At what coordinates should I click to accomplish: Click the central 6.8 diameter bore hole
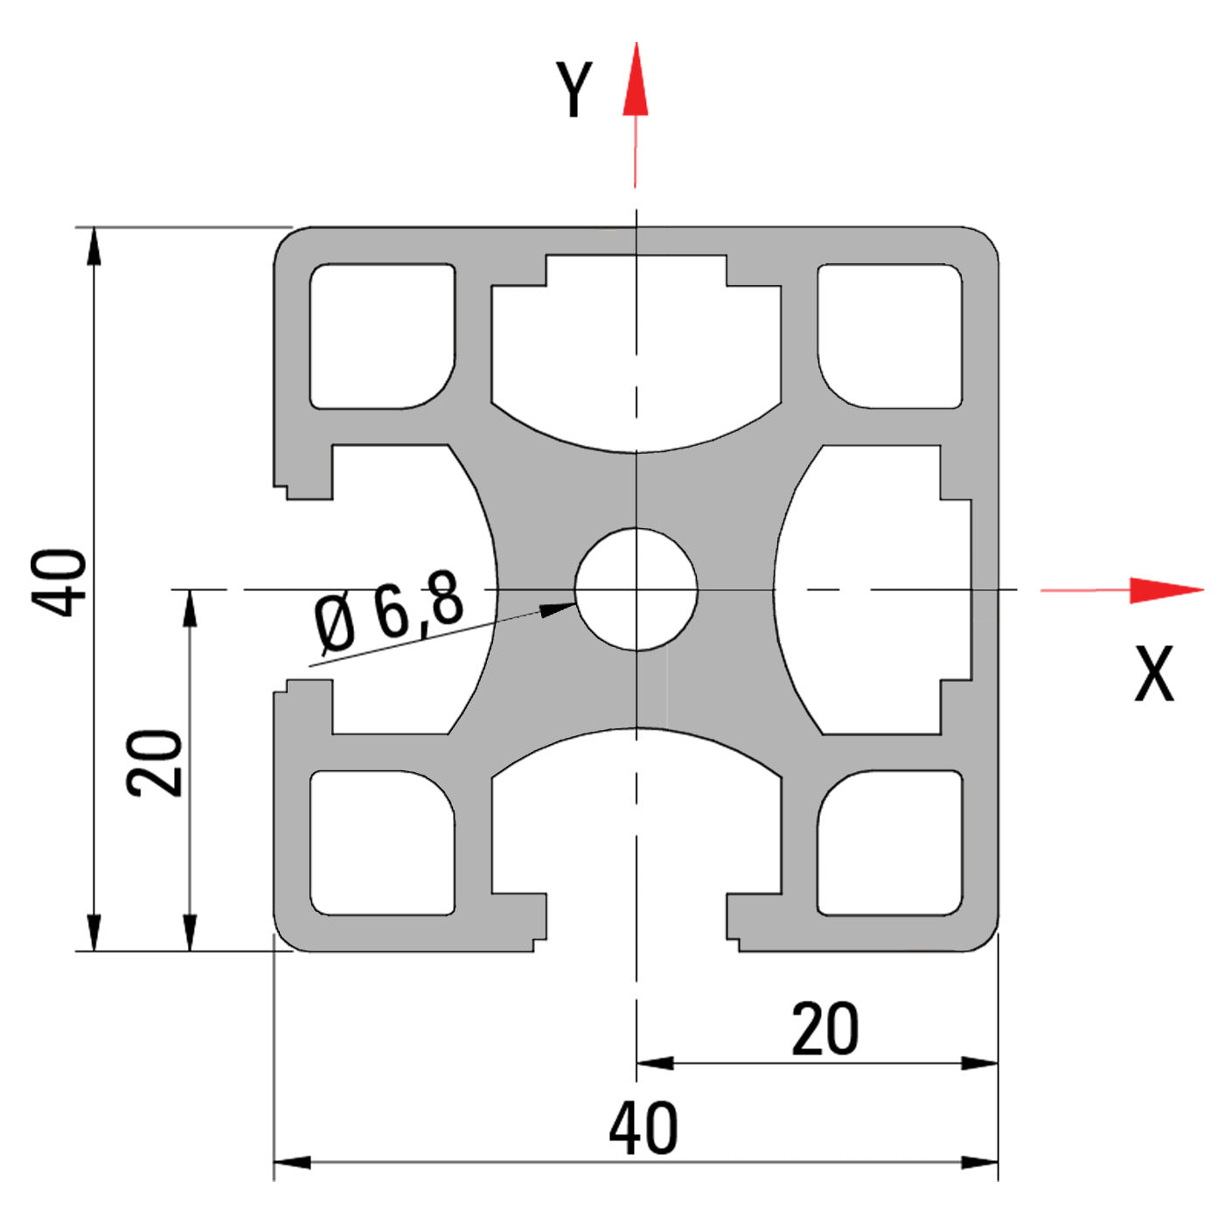coord(636,589)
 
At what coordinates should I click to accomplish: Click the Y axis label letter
coord(574,89)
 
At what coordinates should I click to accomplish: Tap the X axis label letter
coord(1154,674)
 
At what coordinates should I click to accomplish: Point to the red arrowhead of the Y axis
coord(636,83)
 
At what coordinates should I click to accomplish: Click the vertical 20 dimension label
coord(155,762)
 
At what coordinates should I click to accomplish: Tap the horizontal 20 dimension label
coord(824,1030)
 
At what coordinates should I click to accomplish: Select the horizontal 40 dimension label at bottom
coord(643,1129)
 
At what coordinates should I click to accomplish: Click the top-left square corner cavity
coord(382,336)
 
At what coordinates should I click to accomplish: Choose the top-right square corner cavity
coord(890,336)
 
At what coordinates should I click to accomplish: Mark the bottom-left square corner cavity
coord(382,843)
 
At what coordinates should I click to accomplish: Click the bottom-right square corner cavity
coord(890,843)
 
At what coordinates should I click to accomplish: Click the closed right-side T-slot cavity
coord(874,589)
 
